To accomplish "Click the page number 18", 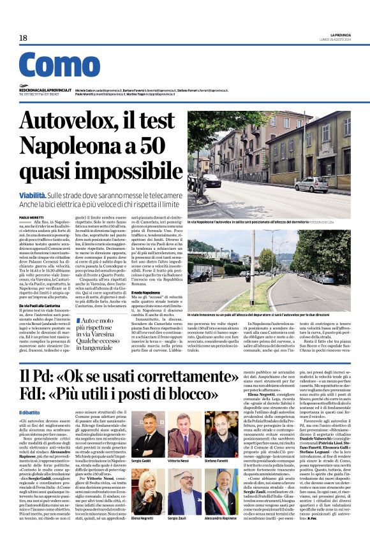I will (23, 38).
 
